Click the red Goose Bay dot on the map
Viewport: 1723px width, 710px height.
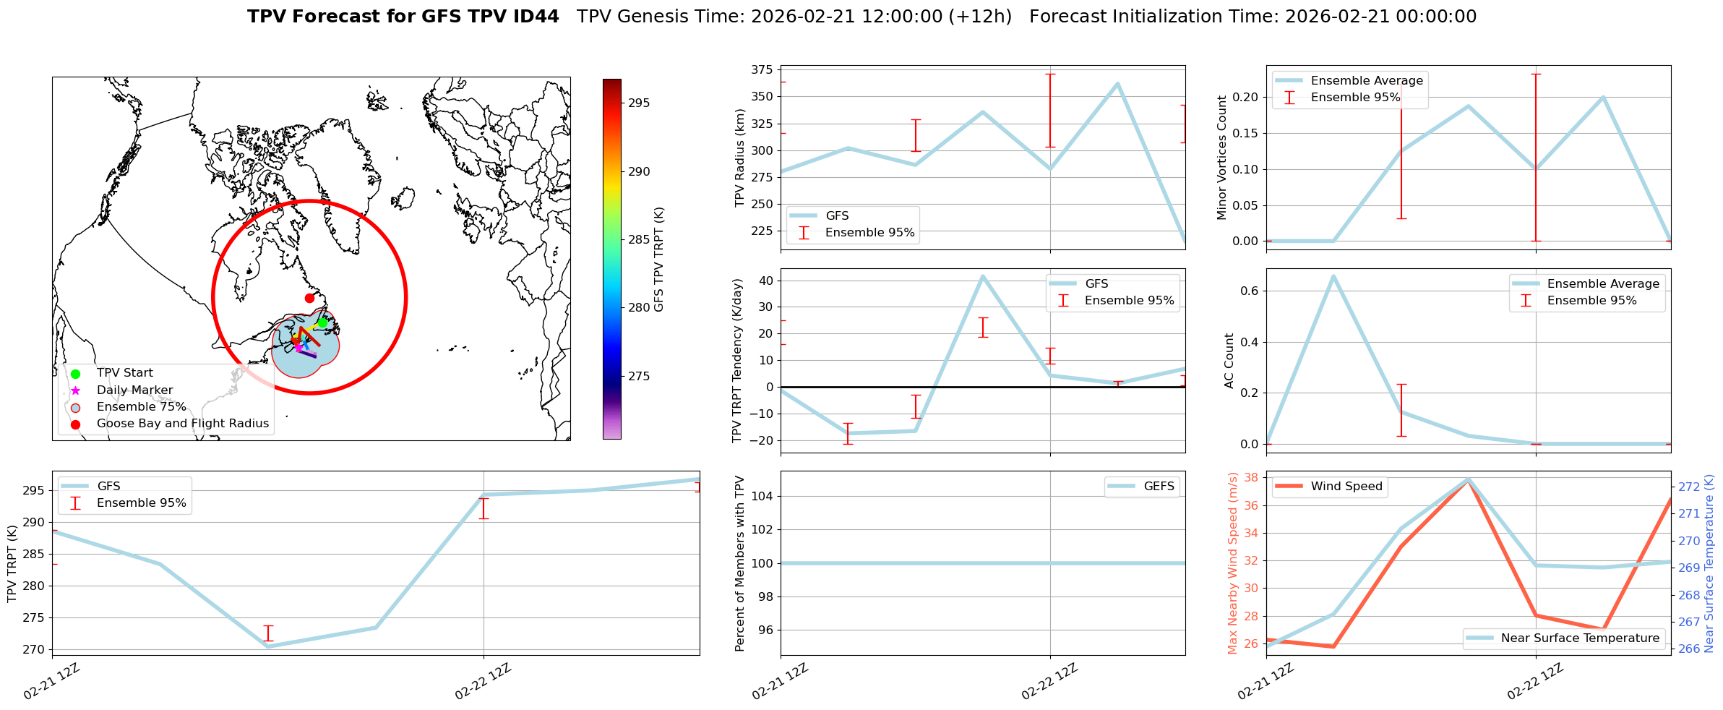coord(309,298)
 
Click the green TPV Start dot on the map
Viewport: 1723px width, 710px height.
coord(322,322)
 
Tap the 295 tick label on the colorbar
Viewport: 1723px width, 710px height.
coord(638,103)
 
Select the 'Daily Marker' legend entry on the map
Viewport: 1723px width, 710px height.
coord(134,390)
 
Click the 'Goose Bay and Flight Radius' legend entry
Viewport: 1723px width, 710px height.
coord(182,424)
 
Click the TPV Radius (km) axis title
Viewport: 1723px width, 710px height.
coord(739,158)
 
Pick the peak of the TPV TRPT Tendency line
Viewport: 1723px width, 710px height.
coord(983,275)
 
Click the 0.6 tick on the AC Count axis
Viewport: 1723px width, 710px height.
coord(1250,291)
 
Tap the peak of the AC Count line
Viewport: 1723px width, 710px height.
coord(1333,275)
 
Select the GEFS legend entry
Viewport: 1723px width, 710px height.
coord(1159,487)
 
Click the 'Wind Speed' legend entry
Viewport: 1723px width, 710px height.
coord(1346,487)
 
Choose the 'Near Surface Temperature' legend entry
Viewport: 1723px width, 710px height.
coord(1580,638)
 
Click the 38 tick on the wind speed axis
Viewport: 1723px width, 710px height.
coord(1250,478)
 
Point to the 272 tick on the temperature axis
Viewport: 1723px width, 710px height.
coord(1689,487)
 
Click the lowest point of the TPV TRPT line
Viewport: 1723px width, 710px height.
coord(268,646)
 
